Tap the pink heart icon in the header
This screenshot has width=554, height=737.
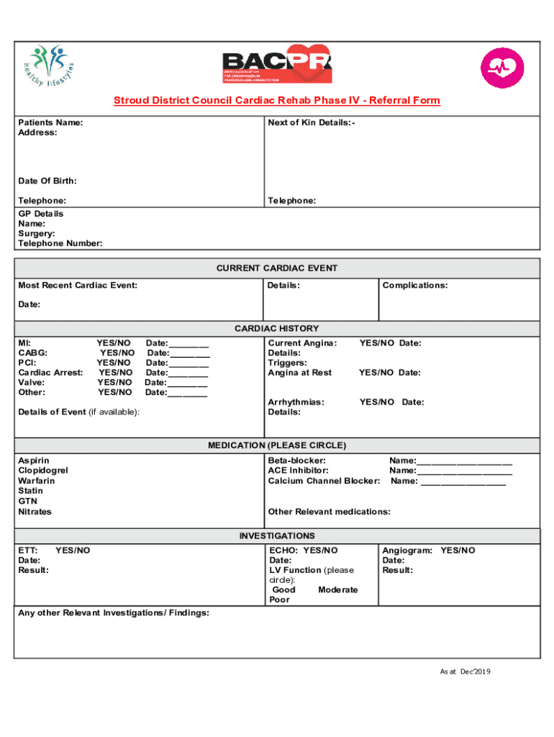coord(503,68)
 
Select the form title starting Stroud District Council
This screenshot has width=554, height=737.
coord(276,101)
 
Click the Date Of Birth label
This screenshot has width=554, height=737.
coord(47,181)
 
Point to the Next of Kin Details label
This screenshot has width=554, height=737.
coord(311,122)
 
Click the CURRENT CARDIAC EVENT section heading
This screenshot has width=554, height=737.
coord(277,268)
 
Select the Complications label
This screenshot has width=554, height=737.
coord(415,286)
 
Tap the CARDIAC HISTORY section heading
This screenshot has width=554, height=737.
coord(277,328)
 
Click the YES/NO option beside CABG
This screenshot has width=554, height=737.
coord(117,353)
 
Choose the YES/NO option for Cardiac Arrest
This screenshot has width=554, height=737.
coord(115,373)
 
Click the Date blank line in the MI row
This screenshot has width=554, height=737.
coord(189,344)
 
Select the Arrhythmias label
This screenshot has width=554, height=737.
coord(296,402)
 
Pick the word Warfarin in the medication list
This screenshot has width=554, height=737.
coord(37,481)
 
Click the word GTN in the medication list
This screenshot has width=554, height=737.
coord(27,501)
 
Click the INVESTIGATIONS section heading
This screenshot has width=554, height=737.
coord(277,536)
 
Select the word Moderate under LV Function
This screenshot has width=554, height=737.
coord(337,589)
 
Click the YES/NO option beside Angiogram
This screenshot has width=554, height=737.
coord(458,551)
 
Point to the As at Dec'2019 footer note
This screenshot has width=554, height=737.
coord(465,672)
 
